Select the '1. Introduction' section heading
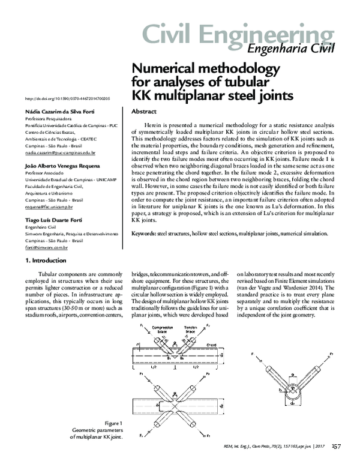pos(47,261)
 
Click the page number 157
pos(336,445)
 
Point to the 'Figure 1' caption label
pos(113,424)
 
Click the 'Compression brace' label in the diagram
pos(163,330)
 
